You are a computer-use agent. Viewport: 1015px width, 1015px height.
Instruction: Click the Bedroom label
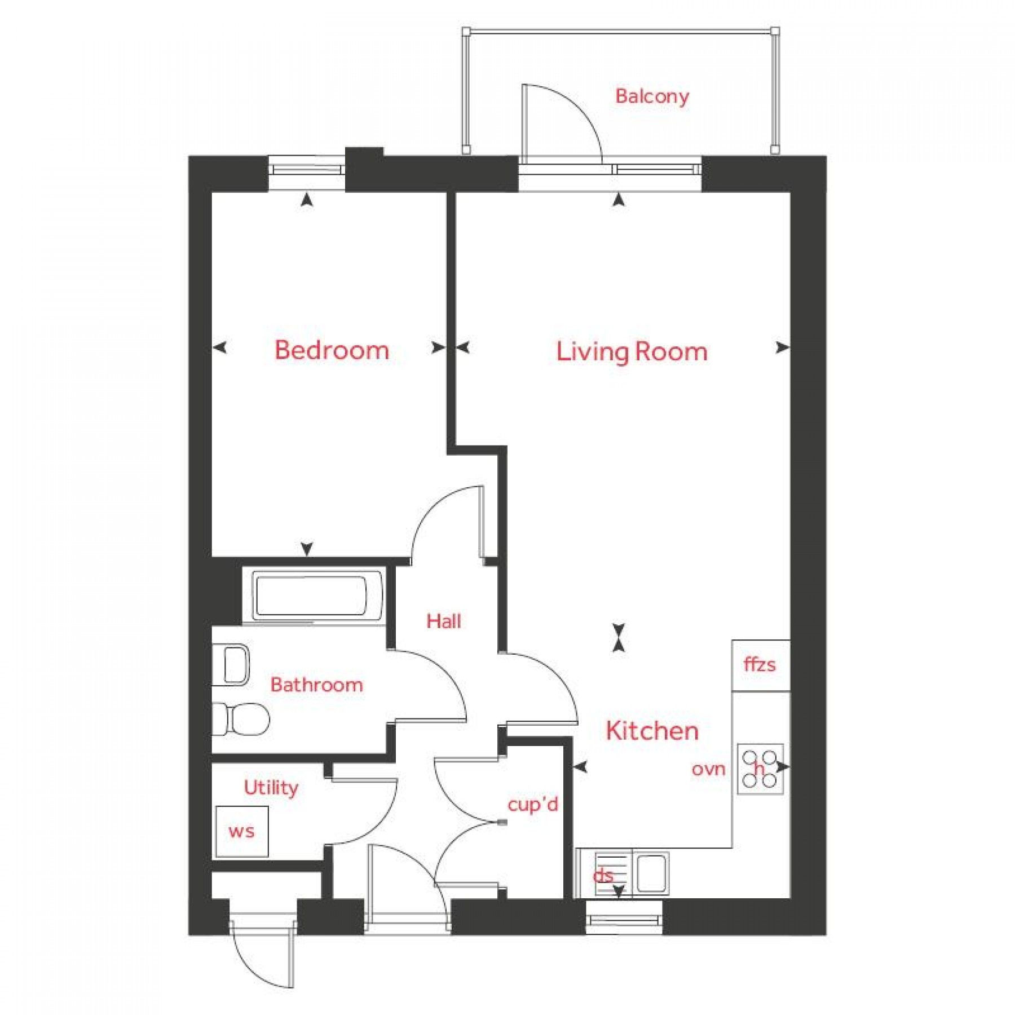[x=332, y=350]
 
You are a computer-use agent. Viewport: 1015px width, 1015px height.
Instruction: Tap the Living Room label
[x=632, y=351]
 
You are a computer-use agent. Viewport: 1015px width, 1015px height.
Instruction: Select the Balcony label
[x=652, y=96]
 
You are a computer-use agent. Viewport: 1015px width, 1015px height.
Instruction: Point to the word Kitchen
[x=652, y=731]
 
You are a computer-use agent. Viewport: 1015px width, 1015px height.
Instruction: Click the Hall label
[x=444, y=621]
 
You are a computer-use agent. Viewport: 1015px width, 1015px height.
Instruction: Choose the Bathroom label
[x=316, y=685]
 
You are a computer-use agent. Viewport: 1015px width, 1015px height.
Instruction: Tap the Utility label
[x=271, y=788]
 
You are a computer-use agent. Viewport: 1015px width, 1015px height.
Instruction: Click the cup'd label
[x=532, y=804]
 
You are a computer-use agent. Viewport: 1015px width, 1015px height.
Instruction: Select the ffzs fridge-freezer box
[x=761, y=665]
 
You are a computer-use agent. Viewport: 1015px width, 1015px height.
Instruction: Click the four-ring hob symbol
[x=760, y=769]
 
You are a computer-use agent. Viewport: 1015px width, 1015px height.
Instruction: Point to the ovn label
[x=708, y=769]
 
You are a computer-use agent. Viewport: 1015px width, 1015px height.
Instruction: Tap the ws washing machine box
[x=242, y=832]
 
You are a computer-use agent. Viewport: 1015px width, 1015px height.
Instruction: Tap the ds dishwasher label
[x=603, y=876]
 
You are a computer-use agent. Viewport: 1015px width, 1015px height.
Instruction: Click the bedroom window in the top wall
[x=307, y=169]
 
